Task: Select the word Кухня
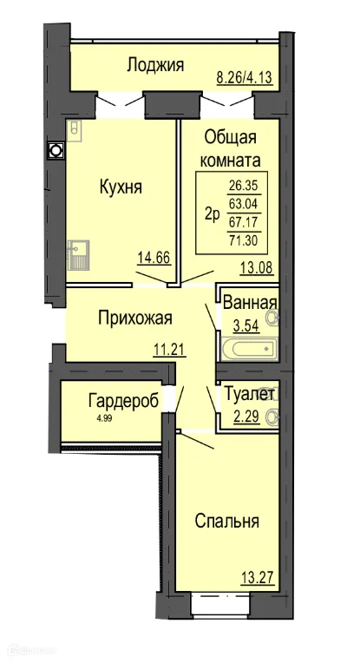pyautogui.click(x=120, y=187)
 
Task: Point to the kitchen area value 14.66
pyautogui.click(x=153, y=257)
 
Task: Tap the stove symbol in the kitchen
pyautogui.click(x=75, y=129)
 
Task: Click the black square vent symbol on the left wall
pyautogui.click(x=55, y=151)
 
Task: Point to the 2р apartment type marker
pyautogui.click(x=210, y=213)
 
